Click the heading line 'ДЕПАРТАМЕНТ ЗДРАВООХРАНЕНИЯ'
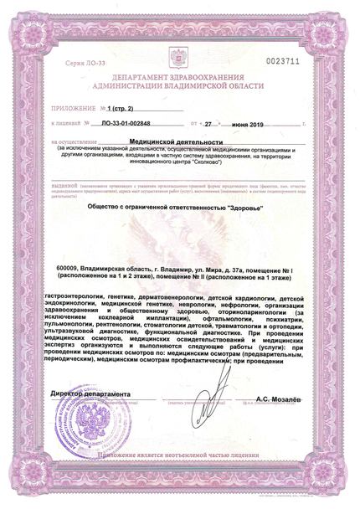(x=179, y=77)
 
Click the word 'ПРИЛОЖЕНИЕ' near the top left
(x=73, y=108)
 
